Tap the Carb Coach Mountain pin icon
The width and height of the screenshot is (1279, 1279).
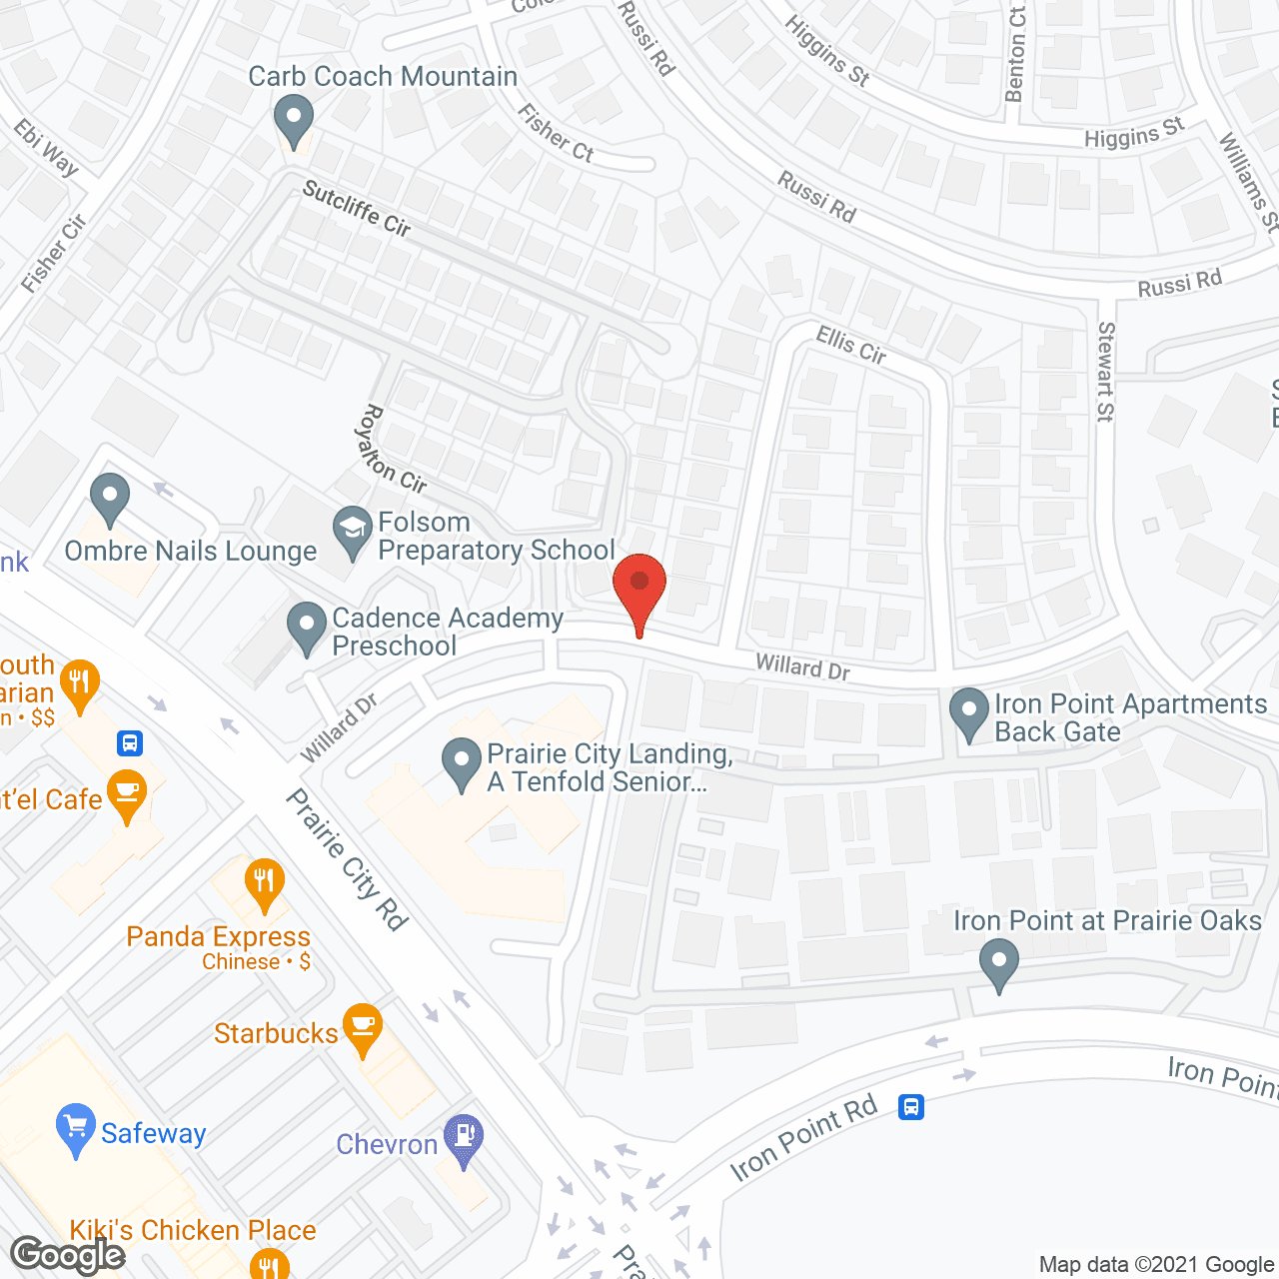(293, 119)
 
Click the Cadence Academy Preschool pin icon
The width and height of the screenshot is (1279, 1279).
(307, 627)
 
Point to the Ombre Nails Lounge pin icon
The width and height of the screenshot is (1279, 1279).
(110, 497)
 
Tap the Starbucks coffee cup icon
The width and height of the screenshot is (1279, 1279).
(363, 1028)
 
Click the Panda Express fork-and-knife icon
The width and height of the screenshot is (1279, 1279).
(264, 882)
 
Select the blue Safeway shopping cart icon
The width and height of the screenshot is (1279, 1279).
(76, 1128)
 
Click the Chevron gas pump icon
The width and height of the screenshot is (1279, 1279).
(464, 1138)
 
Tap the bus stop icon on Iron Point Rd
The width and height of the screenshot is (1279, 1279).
(911, 1107)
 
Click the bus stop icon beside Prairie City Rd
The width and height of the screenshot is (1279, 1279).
(130, 742)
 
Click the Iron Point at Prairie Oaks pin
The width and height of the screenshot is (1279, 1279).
(999, 964)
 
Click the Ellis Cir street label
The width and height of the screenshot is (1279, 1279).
(851, 346)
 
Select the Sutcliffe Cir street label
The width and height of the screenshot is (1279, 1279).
(357, 209)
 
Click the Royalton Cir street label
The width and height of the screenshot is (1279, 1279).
(393, 450)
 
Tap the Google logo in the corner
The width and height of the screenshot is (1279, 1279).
(68, 1255)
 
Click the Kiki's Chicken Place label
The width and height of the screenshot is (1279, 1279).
(193, 1230)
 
